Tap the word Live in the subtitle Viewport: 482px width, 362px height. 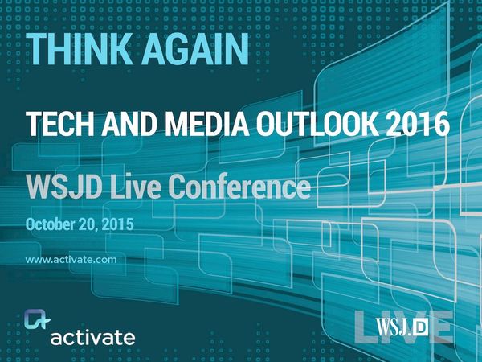tap(140, 188)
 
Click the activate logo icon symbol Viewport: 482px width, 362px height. tap(35, 321)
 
